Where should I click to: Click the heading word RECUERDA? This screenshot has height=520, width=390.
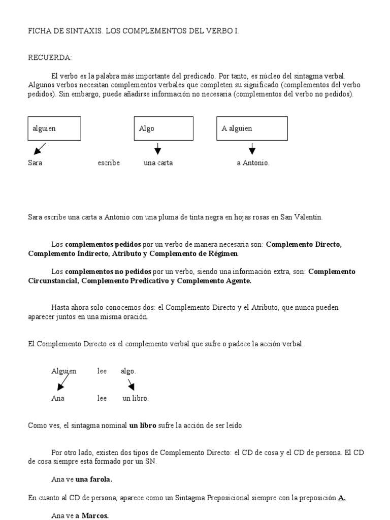[x=50, y=58]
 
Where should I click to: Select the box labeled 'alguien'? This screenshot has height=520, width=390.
[x=54, y=128]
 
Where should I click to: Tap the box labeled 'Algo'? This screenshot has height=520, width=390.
[x=164, y=128]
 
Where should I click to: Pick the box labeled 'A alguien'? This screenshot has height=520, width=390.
[x=252, y=128]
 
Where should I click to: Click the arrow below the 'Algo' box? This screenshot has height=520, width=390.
[x=157, y=149]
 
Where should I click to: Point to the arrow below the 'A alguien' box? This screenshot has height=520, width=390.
[x=252, y=149]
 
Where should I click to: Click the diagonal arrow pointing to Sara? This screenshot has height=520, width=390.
[x=39, y=149]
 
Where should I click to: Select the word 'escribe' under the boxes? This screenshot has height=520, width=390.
[x=109, y=163]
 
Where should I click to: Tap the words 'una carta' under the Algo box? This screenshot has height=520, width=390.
[x=158, y=163]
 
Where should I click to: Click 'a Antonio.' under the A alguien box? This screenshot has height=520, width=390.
[x=253, y=163]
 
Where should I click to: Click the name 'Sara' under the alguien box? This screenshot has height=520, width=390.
[x=35, y=163]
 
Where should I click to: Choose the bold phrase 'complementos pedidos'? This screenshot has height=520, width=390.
[x=96, y=244]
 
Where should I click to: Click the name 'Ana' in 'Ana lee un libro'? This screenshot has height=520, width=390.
[x=58, y=398]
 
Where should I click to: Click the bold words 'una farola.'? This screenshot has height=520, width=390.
[x=94, y=479]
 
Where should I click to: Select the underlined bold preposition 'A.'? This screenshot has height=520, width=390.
[x=342, y=498]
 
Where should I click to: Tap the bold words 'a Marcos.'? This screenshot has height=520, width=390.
[x=92, y=515]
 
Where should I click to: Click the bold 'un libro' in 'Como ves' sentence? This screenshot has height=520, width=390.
[x=143, y=426]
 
